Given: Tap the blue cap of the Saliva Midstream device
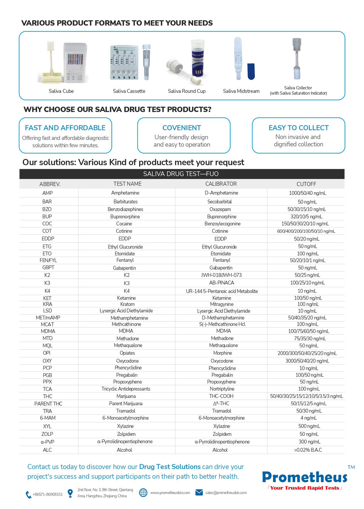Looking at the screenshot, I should [251, 71].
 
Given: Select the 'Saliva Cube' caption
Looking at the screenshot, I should [61, 91].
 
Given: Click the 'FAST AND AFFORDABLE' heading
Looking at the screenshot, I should [65, 128].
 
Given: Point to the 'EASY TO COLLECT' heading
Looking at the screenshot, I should [299, 128].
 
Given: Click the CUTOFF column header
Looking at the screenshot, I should [306, 184].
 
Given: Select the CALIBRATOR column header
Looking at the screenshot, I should [221, 184].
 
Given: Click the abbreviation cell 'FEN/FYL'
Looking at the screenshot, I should [48, 260].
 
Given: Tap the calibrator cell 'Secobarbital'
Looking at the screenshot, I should [220, 202].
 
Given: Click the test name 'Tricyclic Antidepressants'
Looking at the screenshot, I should [126, 389].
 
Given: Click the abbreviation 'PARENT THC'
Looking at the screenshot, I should [48, 404].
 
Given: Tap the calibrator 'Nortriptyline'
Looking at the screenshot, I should [222, 389].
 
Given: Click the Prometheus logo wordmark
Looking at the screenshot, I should [305, 477].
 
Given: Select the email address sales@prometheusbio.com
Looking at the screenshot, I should [226, 493].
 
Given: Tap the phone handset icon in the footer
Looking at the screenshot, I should [28, 494].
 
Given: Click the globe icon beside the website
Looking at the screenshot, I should [143, 492].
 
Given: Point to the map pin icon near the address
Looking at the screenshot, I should [70, 493].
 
